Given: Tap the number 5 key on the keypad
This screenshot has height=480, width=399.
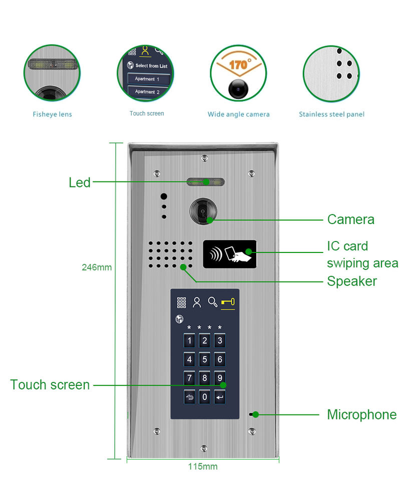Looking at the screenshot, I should pyautogui.click(x=204, y=359).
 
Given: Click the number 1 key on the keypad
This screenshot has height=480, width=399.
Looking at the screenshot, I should pyautogui.click(x=189, y=341).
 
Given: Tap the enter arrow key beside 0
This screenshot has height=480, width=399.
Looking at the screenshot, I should pyautogui.click(x=220, y=397).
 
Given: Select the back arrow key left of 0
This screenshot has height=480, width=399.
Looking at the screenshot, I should pyautogui.click(x=189, y=397).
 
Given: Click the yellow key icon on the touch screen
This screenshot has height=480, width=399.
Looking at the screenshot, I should pyautogui.click(x=228, y=302).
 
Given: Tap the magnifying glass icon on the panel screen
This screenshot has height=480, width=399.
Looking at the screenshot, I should pyautogui.click(x=213, y=301).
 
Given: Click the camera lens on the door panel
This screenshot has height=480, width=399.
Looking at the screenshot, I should pyautogui.click(x=203, y=211).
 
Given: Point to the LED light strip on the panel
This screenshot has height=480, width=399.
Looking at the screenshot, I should pyautogui.click(x=205, y=182).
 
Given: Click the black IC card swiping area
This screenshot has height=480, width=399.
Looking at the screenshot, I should pyautogui.click(x=230, y=254).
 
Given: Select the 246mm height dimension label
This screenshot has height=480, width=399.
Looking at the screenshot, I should pyautogui.click(x=97, y=267).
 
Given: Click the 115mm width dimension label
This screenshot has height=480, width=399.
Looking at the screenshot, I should pyautogui.click(x=203, y=466).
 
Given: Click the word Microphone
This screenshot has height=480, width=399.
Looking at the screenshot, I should pyautogui.click(x=361, y=414).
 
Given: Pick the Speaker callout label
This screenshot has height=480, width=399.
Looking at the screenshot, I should pyautogui.click(x=352, y=281).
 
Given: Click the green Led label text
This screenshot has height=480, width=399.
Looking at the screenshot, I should pyautogui.click(x=80, y=182).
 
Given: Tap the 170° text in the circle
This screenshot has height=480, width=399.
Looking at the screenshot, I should pyautogui.click(x=239, y=64).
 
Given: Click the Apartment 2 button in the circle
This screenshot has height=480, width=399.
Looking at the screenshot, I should pyautogui.click(x=147, y=92).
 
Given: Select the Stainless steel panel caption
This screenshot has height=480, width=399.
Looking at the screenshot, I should pyautogui.click(x=331, y=114).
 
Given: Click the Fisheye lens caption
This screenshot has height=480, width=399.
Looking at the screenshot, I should pyautogui.click(x=52, y=114).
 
